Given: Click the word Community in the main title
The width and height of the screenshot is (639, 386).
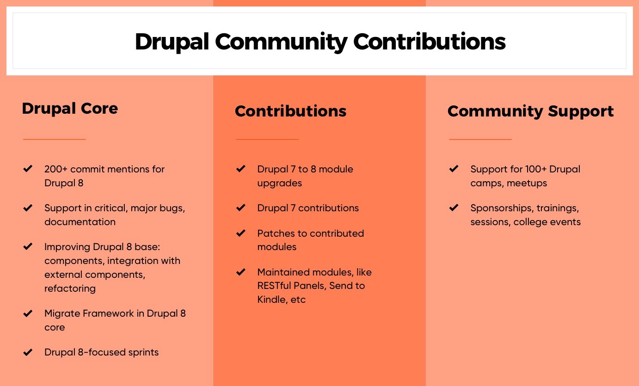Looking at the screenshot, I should (281, 42).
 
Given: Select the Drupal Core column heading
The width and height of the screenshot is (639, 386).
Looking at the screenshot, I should (70, 109).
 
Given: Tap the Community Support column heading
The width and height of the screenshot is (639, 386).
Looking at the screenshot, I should (530, 111).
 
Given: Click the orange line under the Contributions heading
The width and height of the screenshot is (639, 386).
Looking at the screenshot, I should (267, 139).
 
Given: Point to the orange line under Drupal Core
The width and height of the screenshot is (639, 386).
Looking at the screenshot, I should (55, 139).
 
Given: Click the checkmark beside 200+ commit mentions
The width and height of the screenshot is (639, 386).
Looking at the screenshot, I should (28, 169).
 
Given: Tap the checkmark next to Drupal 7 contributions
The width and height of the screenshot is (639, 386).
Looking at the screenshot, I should (240, 208).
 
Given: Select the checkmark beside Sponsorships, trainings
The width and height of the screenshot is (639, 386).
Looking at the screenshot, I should (454, 208).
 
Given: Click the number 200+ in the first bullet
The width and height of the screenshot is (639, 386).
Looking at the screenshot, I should (55, 169).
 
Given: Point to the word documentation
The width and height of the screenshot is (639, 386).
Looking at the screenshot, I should (80, 222).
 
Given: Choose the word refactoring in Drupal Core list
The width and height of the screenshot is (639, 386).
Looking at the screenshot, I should (70, 288).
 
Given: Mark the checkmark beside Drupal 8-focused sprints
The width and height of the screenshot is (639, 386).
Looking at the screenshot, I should (28, 352).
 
